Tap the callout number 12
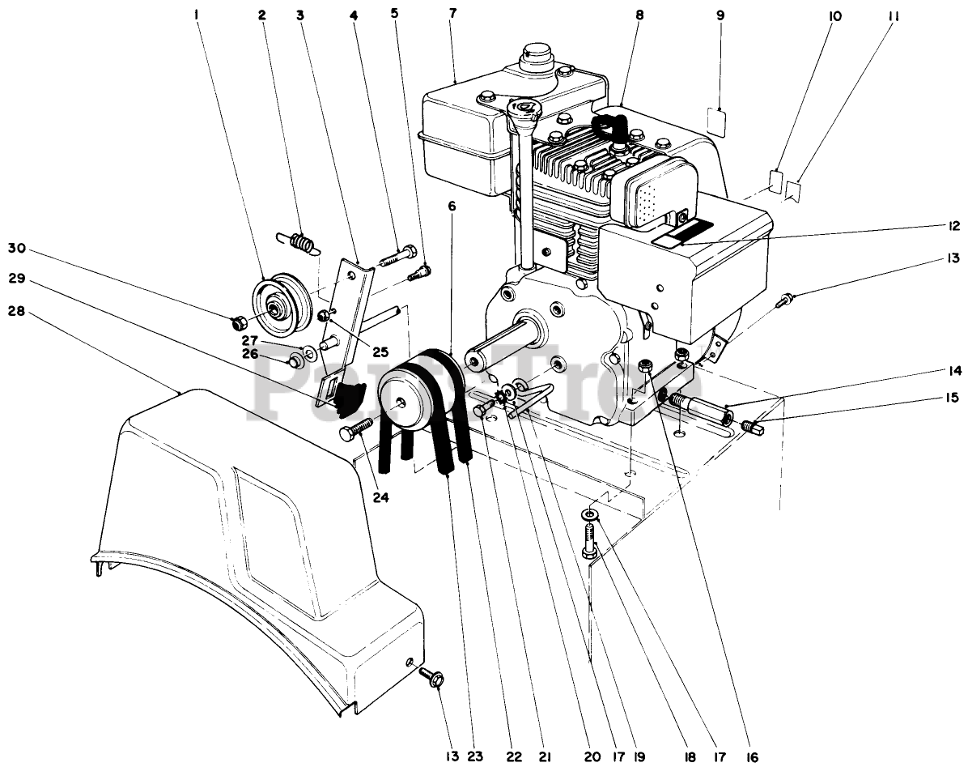point(955,226)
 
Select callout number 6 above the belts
point(452,207)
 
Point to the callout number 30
point(17,249)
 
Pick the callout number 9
point(720,15)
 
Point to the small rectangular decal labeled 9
point(717,121)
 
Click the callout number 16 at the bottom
point(751,756)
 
